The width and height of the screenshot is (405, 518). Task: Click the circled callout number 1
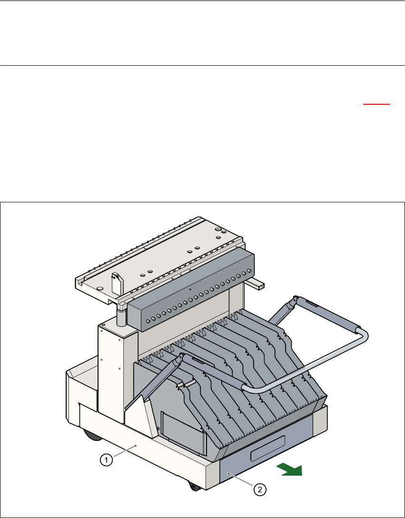pos(107,460)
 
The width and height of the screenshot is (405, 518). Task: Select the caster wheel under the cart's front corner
pos(194,487)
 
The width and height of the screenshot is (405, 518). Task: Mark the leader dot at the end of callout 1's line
pos(136,445)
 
